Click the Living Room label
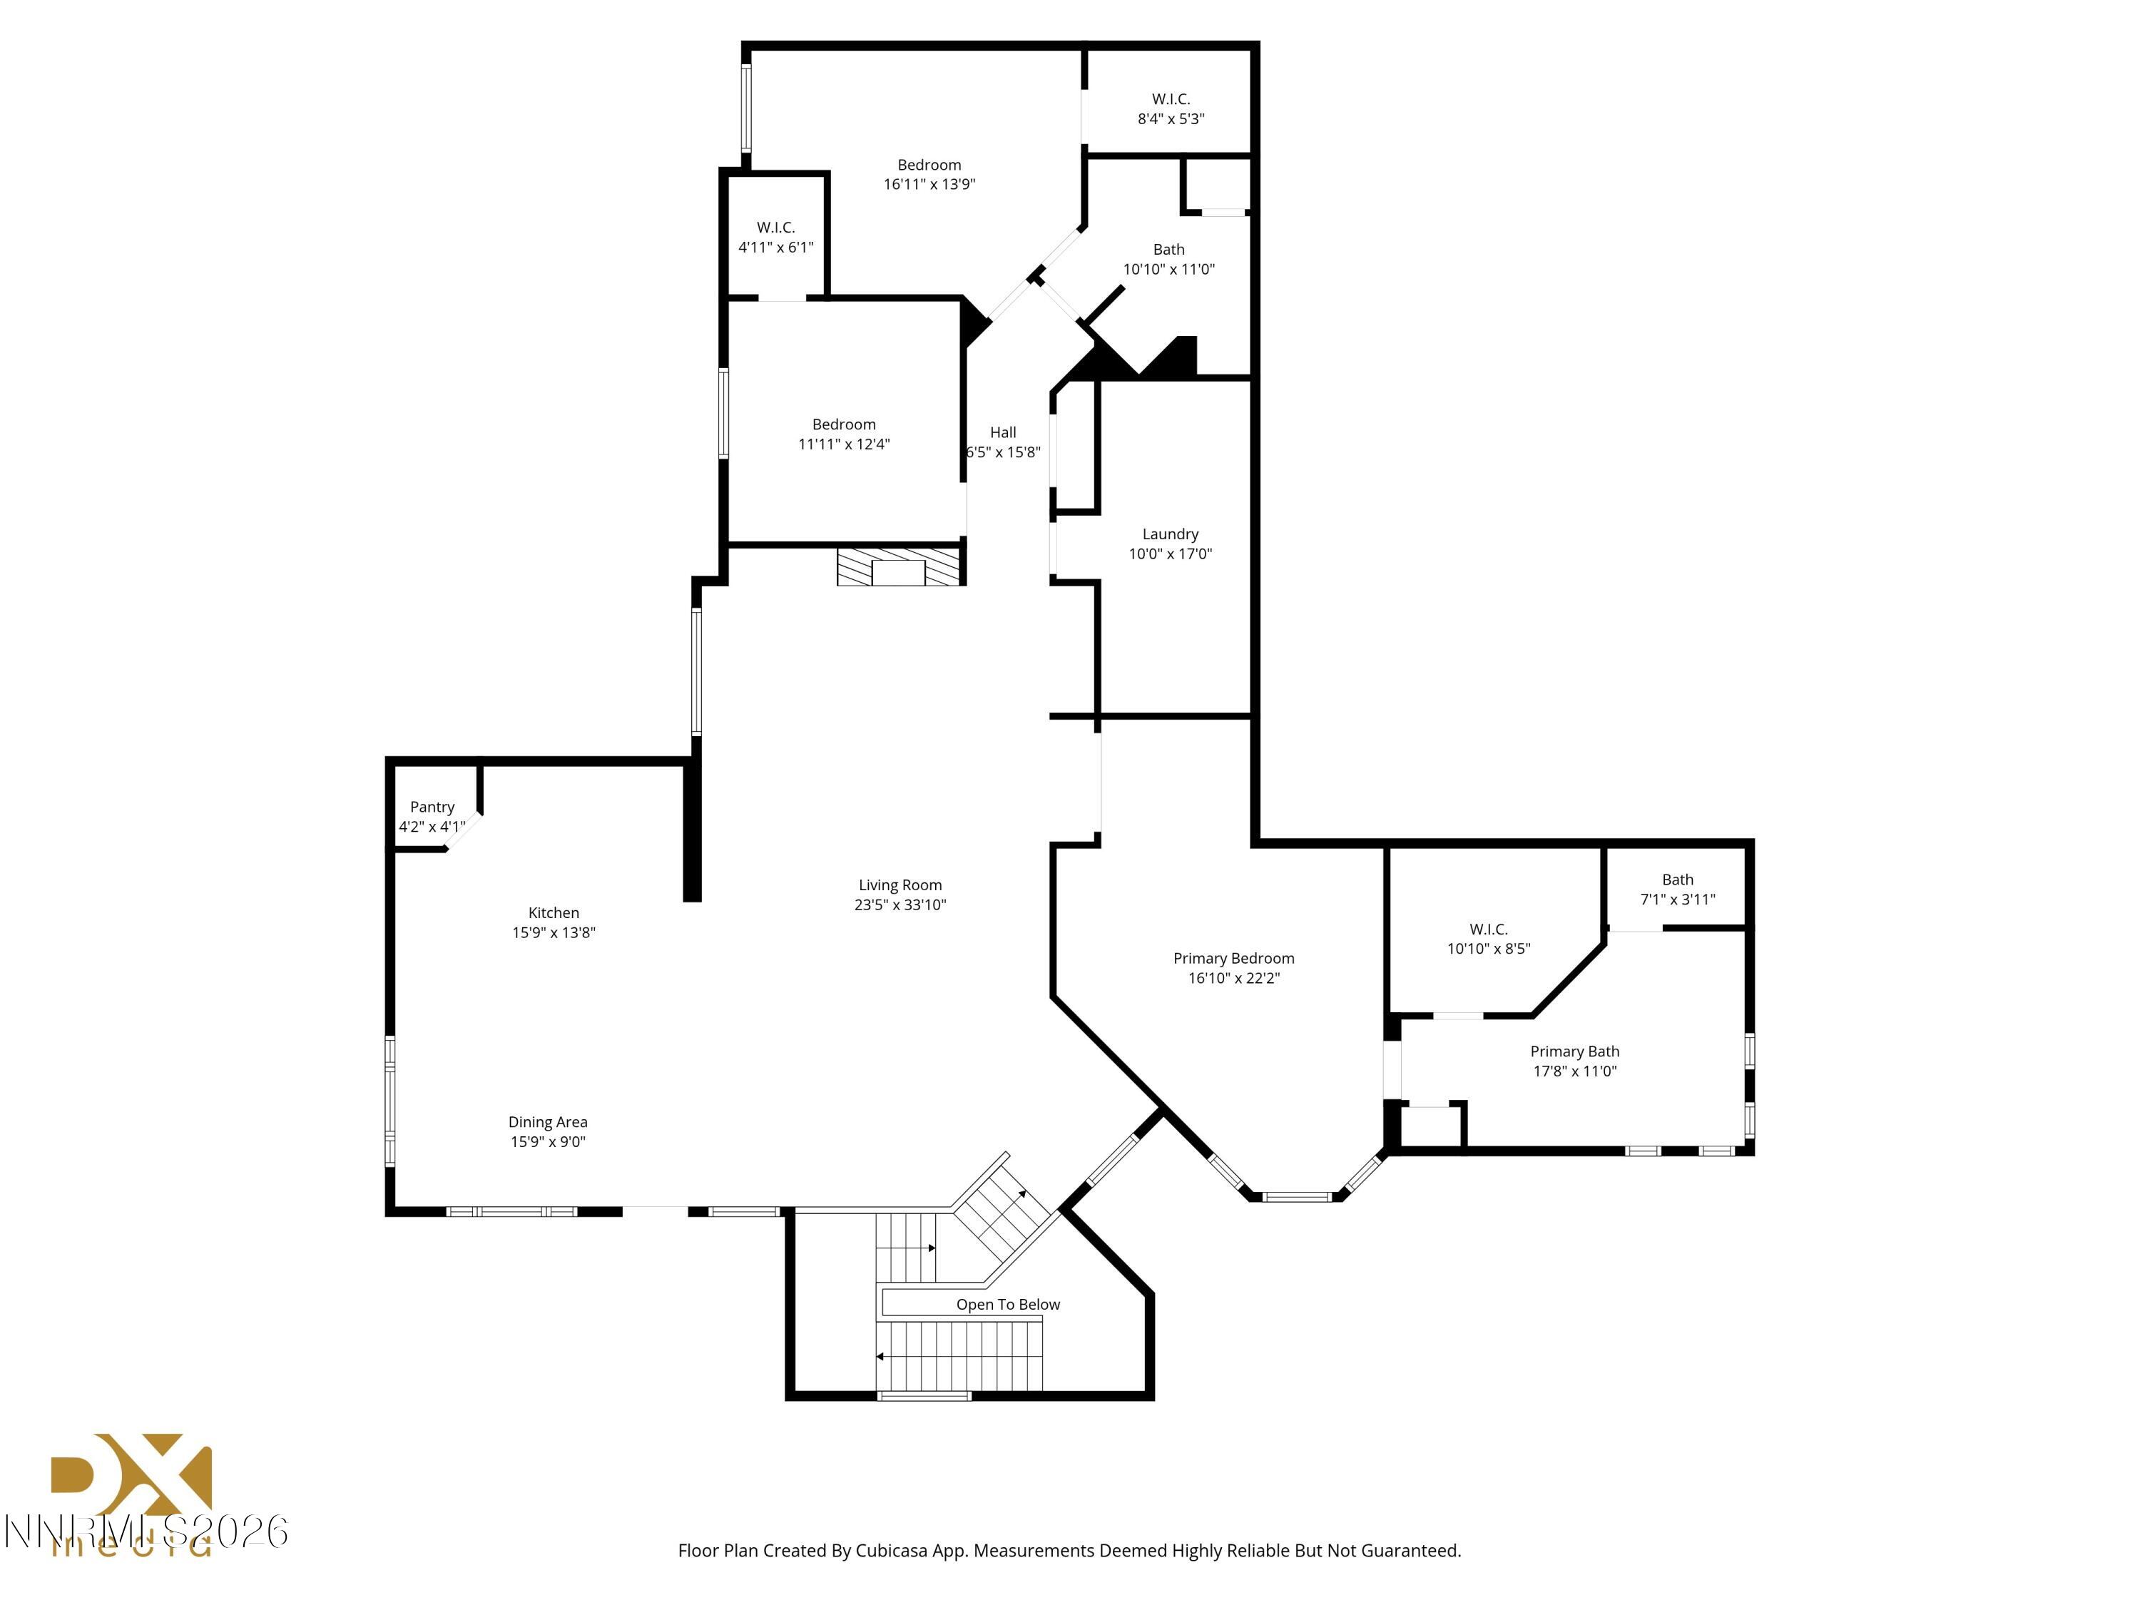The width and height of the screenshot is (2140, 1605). (x=900, y=885)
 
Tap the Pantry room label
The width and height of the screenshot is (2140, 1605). (x=432, y=807)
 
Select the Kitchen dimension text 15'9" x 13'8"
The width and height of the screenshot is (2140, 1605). (x=554, y=932)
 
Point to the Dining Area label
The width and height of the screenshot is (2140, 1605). (x=548, y=1122)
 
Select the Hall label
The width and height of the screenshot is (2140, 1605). (x=1003, y=432)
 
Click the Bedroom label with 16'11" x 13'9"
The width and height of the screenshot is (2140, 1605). (x=929, y=165)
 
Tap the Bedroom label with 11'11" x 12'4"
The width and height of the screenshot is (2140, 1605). (x=844, y=424)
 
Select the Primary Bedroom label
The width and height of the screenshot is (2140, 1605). (x=1233, y=958)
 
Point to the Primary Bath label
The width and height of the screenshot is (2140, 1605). (x=1574, y=1051)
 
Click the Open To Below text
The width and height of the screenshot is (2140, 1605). (x=1008, y=1304)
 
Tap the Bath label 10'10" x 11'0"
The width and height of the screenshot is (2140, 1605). (x=1168, y=250)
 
